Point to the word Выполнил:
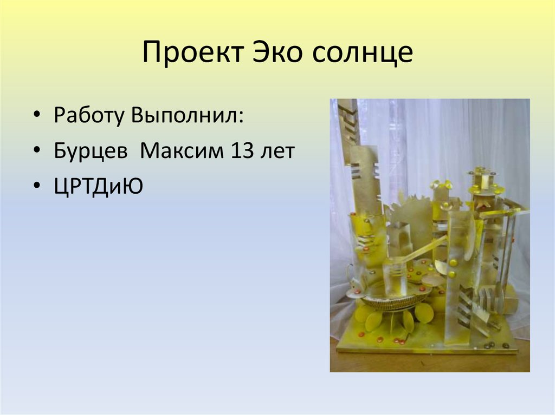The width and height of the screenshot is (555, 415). tap(186, 116)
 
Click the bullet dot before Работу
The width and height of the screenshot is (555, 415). tap(36, 116)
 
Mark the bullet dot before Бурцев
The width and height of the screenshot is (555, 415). tap(36, 151)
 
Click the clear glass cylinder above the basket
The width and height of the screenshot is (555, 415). tap(395, 276)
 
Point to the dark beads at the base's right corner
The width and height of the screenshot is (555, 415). tap(491, 344)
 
